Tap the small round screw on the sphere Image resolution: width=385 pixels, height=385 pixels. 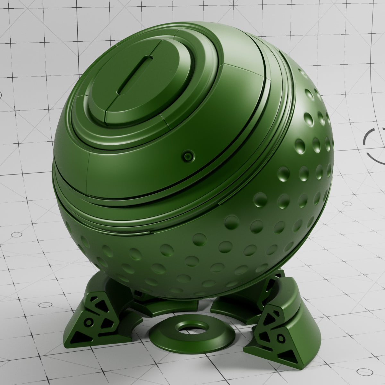click(x=187, y=156)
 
